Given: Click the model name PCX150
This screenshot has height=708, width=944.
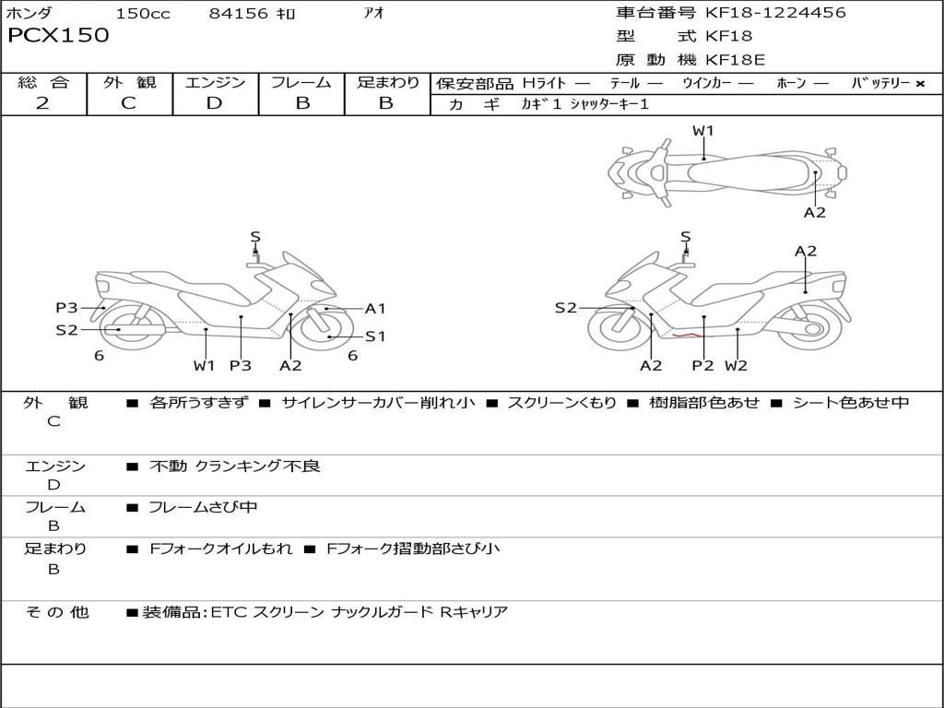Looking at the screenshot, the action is click(58, 36).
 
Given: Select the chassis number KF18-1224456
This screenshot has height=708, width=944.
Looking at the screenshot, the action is click(775, 13).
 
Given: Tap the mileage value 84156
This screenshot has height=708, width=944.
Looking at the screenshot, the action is click(239, 14).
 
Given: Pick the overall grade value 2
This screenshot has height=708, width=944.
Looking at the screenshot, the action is click(42, 103).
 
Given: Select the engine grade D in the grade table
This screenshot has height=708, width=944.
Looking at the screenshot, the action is click(215, 103).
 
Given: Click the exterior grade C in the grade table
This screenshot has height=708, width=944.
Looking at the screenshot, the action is click(129, 103).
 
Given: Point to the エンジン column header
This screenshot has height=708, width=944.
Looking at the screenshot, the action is click(215, 83).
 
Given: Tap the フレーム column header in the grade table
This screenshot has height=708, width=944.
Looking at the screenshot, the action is click(301, 83).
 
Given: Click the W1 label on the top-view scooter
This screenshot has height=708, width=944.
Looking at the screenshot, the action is click(703, 131).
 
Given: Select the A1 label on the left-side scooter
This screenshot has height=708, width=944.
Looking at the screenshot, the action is click(375, 309).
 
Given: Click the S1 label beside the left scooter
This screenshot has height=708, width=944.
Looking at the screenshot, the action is click(375, 336).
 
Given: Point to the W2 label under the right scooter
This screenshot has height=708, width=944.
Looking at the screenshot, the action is click(736, 365).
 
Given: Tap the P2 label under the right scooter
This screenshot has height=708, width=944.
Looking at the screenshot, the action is click(703, 365).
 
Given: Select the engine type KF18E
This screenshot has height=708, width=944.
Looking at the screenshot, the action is click(735, 61).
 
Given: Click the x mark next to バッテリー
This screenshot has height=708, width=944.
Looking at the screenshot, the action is click(919, 84).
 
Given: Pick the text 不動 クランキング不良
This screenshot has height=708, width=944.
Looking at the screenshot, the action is click(235, 466).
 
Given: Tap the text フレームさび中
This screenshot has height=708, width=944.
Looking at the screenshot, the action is click(203, 507).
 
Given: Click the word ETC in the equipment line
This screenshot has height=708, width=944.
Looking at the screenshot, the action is click(230, 612).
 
